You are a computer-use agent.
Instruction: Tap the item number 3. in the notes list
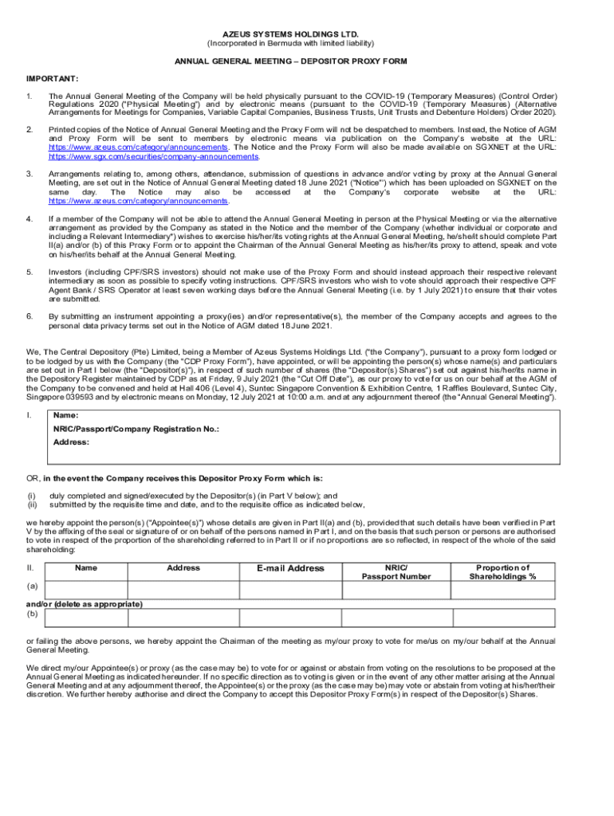[30, 173]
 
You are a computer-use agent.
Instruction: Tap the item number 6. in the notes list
[30, 316]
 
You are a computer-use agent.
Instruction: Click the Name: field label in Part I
[66, 415]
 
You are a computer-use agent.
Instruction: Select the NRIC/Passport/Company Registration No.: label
[136, 429]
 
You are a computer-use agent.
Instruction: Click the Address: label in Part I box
[71, 441]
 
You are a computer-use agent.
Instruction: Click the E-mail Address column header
[290, 568]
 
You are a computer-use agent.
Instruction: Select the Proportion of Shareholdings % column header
[502, 572]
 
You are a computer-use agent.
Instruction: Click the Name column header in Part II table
[86, 568]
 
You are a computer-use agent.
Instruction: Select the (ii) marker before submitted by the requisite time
[32, 504]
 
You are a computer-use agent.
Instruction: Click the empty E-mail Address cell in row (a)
[290, 590]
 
